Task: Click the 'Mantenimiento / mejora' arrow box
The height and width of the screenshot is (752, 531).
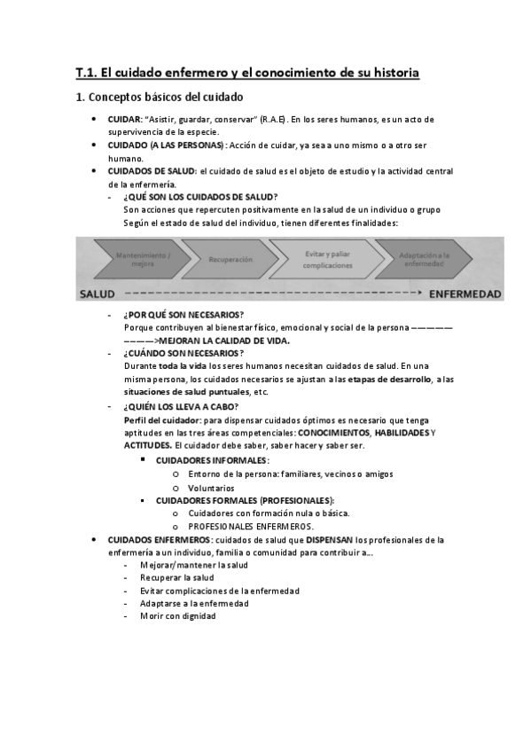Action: (x=142, y=259)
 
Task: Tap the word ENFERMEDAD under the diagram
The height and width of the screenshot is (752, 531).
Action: (x=465, y=294)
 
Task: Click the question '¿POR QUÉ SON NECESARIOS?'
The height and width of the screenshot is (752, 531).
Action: (x=184, y=316)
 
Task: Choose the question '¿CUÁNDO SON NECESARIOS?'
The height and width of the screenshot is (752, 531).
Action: (x=184, y=353)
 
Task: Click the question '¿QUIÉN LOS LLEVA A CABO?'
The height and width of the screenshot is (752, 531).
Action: (x=182, y=407)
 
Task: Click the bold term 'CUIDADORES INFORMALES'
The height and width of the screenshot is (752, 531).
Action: (x=212, y=461)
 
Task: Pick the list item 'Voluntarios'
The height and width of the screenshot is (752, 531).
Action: (x=211, y=488)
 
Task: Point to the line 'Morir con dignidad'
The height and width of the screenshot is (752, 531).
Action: (x=178, y=616)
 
